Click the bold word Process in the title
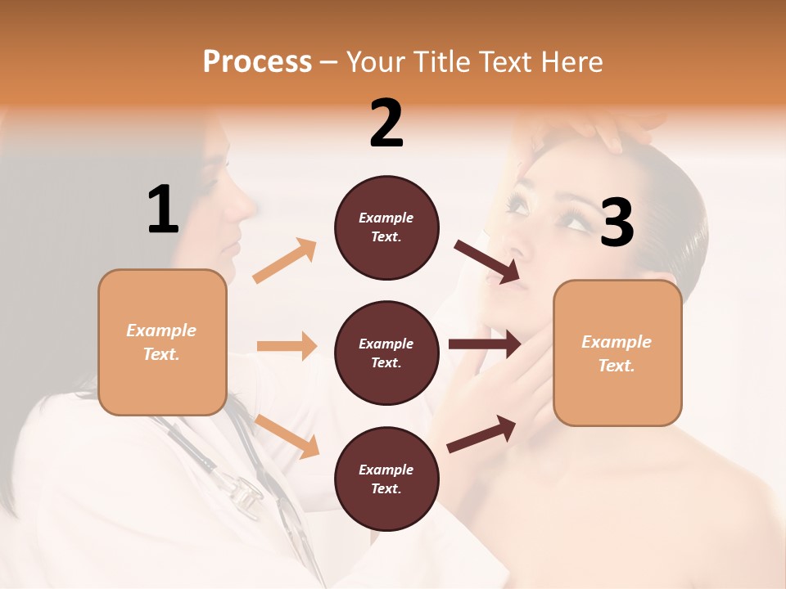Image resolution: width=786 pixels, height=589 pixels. [x=257, y=61]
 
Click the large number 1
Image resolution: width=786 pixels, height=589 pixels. [x=163, y=209]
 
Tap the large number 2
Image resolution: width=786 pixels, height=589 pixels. [x=386, y=124]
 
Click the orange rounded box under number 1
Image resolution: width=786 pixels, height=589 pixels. [x=162, y=342]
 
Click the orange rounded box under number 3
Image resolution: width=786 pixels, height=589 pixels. [x=617, y=353]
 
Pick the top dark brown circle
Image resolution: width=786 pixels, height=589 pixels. [x=386, y=227]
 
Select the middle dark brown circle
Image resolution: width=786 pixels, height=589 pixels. [x=386, y=353]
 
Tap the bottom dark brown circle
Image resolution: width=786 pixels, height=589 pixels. [x=386, y=479]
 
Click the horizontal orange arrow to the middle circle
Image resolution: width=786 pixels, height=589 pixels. [x=287, y=346]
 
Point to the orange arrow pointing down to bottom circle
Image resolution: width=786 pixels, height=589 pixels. [x=287, y=436]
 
